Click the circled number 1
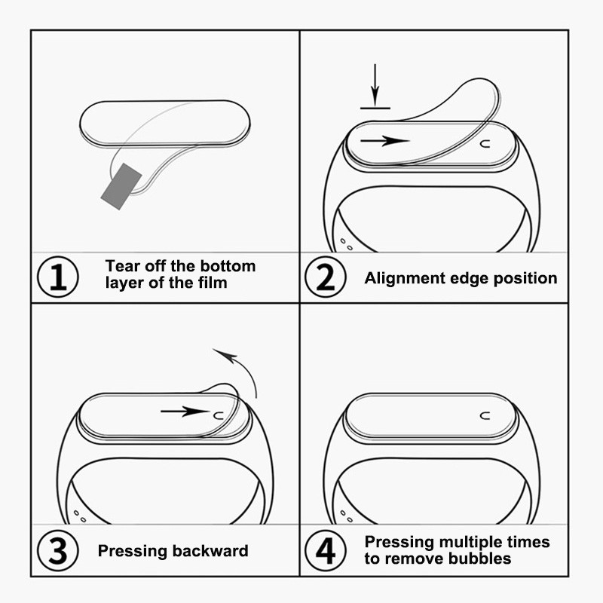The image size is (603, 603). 58,277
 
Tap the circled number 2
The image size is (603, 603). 326,277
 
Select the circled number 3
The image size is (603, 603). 58,550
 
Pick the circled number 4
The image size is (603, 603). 326,550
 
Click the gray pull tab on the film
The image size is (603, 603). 121,186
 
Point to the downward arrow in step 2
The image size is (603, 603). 375,84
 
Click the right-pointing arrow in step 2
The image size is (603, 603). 384,141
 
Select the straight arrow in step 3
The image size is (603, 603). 185,412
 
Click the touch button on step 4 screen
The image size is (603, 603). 485,416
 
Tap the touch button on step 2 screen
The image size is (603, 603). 485,144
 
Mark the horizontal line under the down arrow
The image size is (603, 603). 375,109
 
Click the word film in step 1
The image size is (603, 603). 213,283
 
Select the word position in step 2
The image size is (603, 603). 525,278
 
